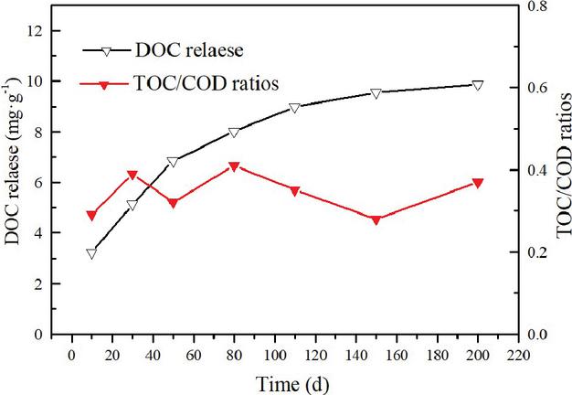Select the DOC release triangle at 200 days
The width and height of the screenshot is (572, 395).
pyautogui.click(x=477, y=85)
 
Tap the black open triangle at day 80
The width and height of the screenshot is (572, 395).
pyautogui.click(x=234, y=133)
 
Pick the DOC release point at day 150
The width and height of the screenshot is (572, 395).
pyautogui.click(x=376, y=93)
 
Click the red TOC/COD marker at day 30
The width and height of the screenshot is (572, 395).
pyautogui.click(x=132, y=175)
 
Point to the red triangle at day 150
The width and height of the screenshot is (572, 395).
pyautogui.click(x=376, y=219)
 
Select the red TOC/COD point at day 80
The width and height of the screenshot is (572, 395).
pyautogui.click(x=234, y=166)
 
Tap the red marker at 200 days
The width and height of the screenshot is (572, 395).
pyautogui.click(x=477, y=183)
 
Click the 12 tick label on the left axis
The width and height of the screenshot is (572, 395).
pyautogui.click(x=37, y=30)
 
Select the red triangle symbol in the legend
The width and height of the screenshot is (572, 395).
pyautogui.click(x=104, y=84)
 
